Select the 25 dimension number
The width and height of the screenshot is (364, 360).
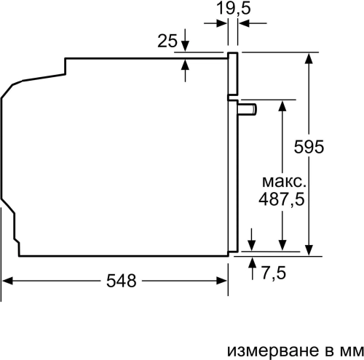click(167, 41)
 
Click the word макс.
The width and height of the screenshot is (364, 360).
click(281, 180)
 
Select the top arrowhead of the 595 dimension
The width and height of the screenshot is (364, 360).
click(311, 57)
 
